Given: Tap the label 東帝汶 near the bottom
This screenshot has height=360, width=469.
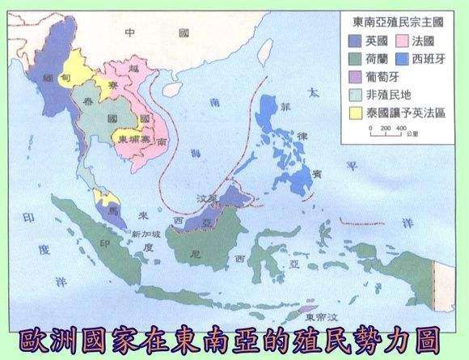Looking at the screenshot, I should pos(306,306).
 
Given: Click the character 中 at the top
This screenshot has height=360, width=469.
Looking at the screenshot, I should pos(129,32).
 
